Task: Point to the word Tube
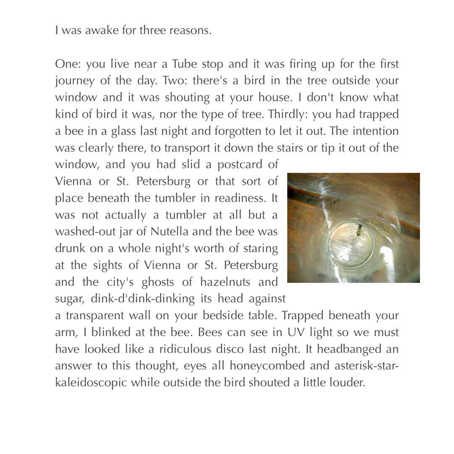pyautogui.click(x=185, y=64)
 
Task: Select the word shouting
pyautogui.click(x=187, y=97)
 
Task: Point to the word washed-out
pyautogui.click(x=80, y=231)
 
